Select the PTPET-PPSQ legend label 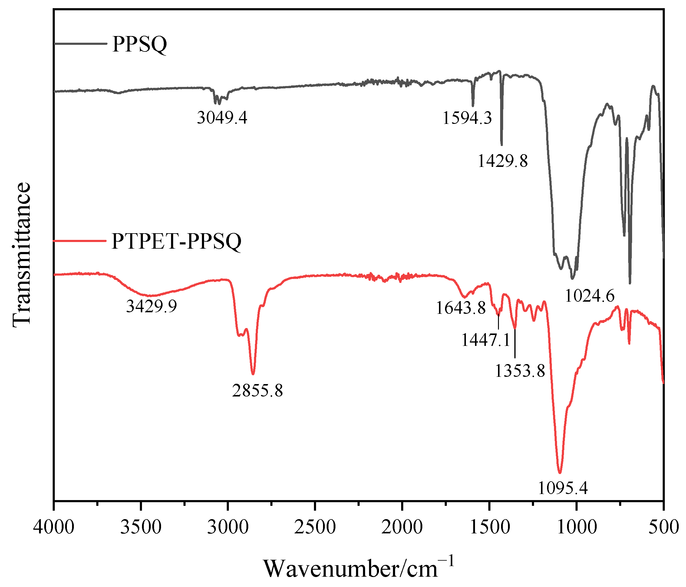pyautogui.click(x=176, y=241)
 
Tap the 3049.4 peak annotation pyautogui.click(x=222, y=118)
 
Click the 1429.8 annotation pyautogui.click(x=503, y=161)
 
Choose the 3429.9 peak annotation pyautogui.click(x=152, y=307)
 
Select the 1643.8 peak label pyautogui.click(x=460, y=308)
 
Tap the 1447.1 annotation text pyautogui.click(x=486, y=340)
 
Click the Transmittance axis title pyautogui.click(x=22, y=255)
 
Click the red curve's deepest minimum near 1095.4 pyautogui.click(x=560, y=473)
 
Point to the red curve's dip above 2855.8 pyautogui.click(x=253, y=374)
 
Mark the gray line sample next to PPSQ pyautogui.click(x=81, y=43)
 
